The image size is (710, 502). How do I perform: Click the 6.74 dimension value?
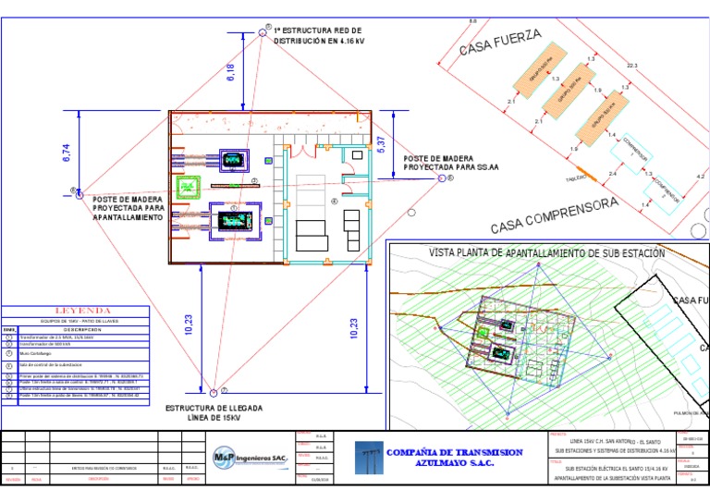tap(67, 153)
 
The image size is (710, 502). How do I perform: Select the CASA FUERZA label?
tap(500, 42)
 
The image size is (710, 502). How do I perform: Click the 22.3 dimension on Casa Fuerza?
tap(632, 67)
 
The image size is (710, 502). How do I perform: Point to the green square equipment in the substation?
tap(190, 188)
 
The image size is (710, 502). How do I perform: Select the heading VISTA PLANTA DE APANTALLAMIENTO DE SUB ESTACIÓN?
tap(546, 252)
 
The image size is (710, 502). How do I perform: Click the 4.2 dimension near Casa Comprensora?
tap(700, 176)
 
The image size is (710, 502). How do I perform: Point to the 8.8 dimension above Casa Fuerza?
tap(473, 20)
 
